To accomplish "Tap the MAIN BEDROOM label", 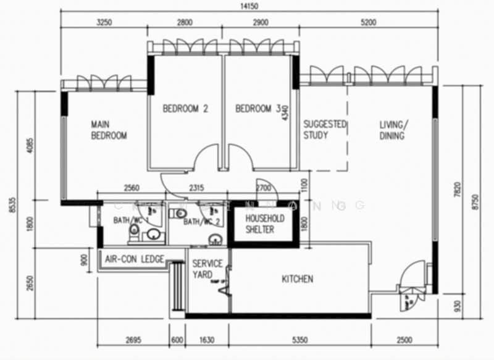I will (109, 130).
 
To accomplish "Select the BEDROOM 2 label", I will (185, 109).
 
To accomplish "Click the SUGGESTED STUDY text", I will (325, 130).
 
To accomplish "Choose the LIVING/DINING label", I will (393, 130).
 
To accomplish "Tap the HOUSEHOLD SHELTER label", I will (264, 224).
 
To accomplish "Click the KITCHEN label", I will (297, 279).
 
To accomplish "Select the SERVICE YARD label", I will (207, 269).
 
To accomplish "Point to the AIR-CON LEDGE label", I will (135, 259).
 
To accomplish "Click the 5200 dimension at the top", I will (369, 22).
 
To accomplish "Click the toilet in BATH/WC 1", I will (133, 230).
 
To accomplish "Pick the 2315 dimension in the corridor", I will (196, 188).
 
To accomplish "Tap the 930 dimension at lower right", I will (456, 305).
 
